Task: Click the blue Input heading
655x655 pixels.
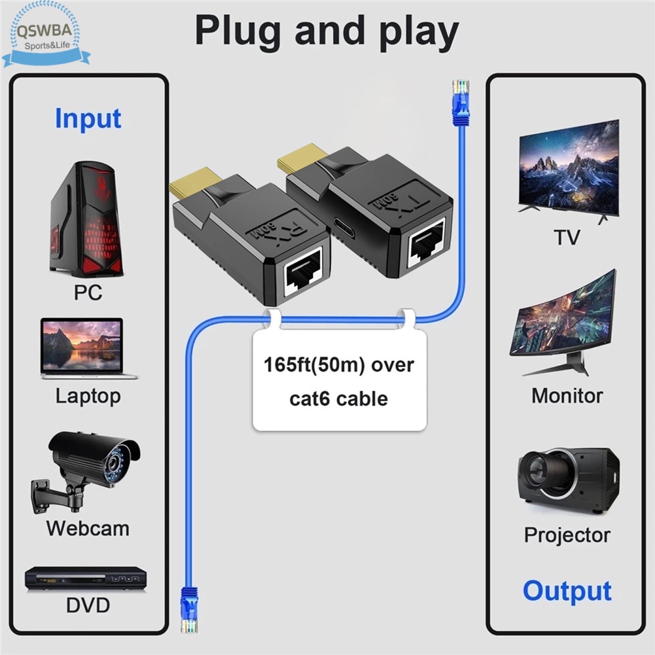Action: tap(88, 119)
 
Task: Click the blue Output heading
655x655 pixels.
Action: tap(567, 592)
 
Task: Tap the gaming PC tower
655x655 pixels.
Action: tap(87, 219)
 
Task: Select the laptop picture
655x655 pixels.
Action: tap(88, 348)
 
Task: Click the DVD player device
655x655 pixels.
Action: tap(86, 578)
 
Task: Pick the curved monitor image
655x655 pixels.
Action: tap(563, 323)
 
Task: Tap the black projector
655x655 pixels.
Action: tap(569, 480)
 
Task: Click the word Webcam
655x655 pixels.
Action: tap(88, 529)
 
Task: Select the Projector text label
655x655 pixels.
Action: tap(567, 535)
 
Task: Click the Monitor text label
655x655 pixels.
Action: tap(567, 396)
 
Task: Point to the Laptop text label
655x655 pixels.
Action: tap(88, 397)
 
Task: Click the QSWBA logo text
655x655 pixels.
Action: tap(44, 31)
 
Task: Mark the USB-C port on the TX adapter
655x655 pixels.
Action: tap(343, 227)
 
